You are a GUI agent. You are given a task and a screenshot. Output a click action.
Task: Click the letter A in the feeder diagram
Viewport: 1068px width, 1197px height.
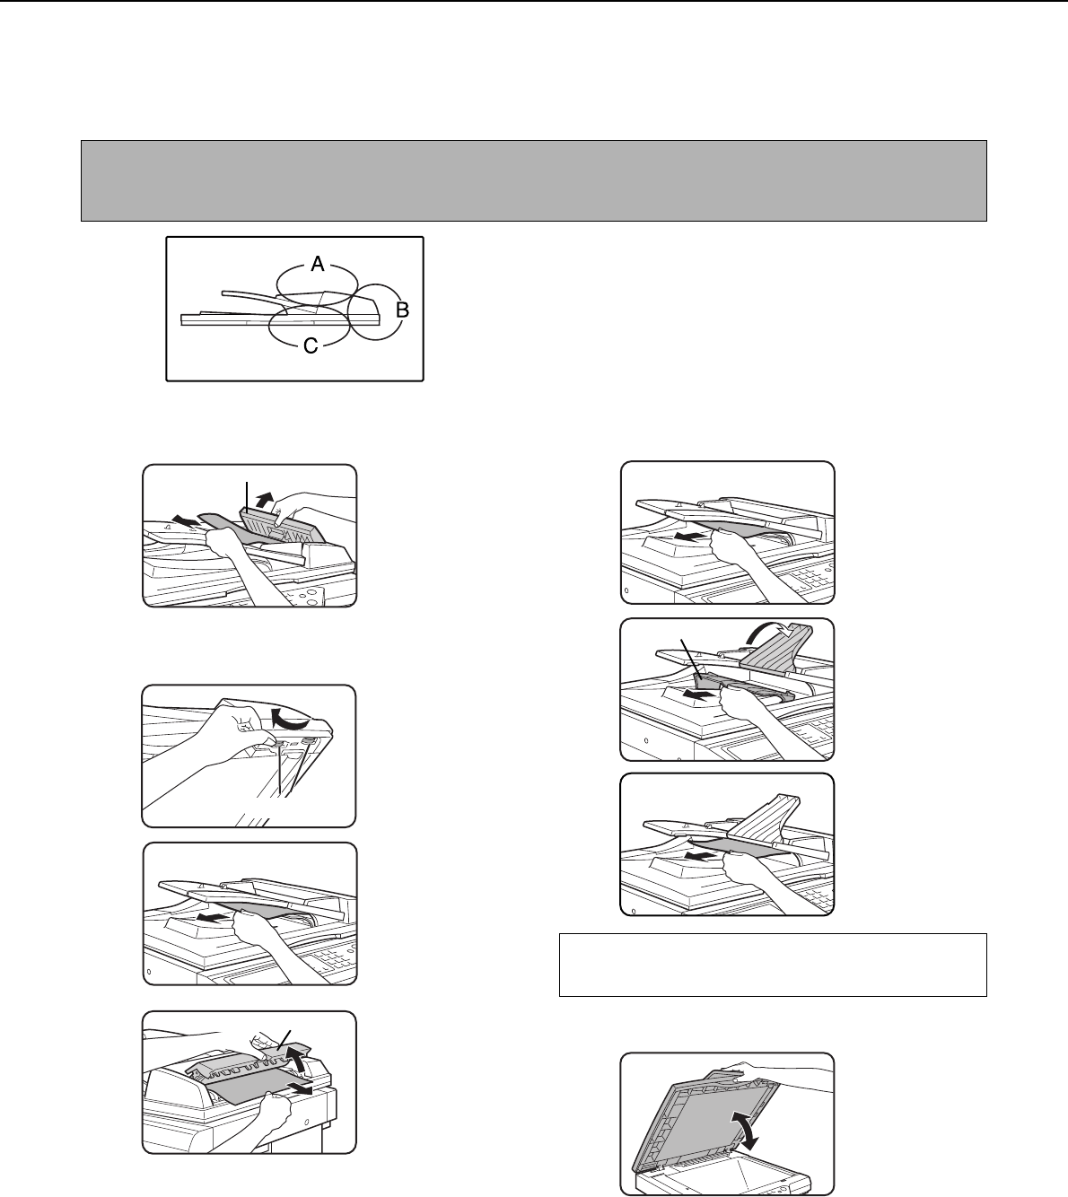tap(318, 264)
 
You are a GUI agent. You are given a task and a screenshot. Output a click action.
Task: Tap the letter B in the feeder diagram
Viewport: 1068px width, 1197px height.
tap(402, 310)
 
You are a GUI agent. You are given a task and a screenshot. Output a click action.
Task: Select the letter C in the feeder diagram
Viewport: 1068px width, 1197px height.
tap(311, 345)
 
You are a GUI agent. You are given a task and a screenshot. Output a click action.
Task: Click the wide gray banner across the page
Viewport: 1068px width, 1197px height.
tap(534, 180)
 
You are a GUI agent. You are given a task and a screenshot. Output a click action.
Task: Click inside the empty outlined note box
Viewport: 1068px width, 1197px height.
tap(773, 965)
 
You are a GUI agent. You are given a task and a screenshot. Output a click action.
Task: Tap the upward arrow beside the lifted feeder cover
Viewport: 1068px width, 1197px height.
tap(266, 501)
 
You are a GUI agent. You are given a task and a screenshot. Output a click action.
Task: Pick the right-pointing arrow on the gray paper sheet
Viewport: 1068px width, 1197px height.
tap(301, 1088)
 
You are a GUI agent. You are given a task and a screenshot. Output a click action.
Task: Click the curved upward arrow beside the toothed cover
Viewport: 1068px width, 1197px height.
tap(297, 1059)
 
